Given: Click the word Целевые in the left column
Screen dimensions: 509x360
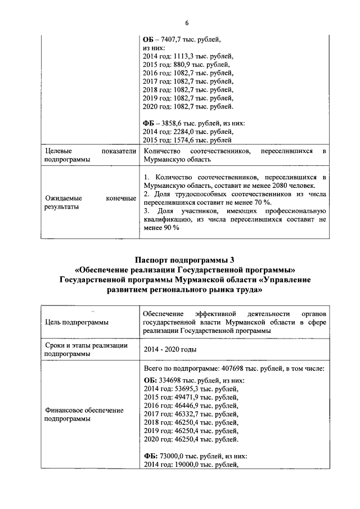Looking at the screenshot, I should point(58,151).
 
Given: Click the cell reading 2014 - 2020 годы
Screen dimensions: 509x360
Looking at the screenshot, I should point(169,350).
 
